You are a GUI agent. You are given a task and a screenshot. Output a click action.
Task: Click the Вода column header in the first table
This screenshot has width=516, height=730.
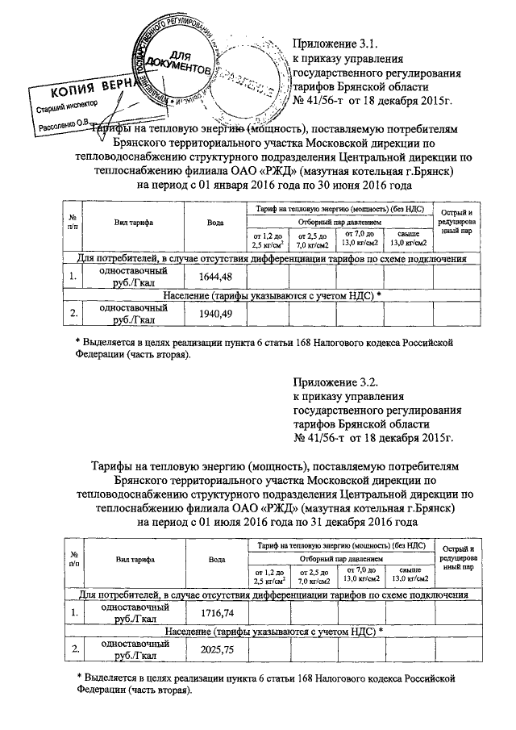coord(215,223)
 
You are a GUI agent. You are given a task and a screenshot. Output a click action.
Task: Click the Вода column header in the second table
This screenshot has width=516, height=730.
coord(215,558)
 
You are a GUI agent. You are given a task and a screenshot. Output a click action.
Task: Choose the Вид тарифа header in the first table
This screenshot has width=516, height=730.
coord(134,223)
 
